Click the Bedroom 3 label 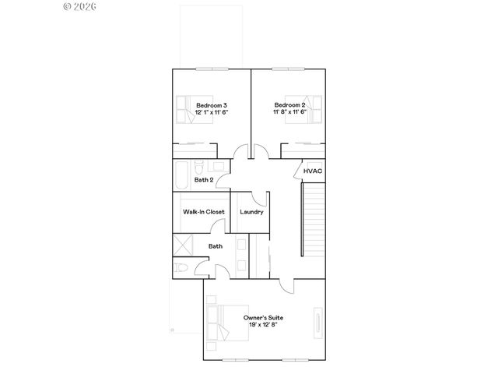pos(212,105)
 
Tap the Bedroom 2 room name pos(289,105)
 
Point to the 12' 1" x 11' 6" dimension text pos(212,112)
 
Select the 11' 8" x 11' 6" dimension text pos(289,112)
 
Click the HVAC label pos(313,171)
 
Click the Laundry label pos(251,212)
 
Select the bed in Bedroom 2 pos(310,108)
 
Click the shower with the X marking pos(183,243)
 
